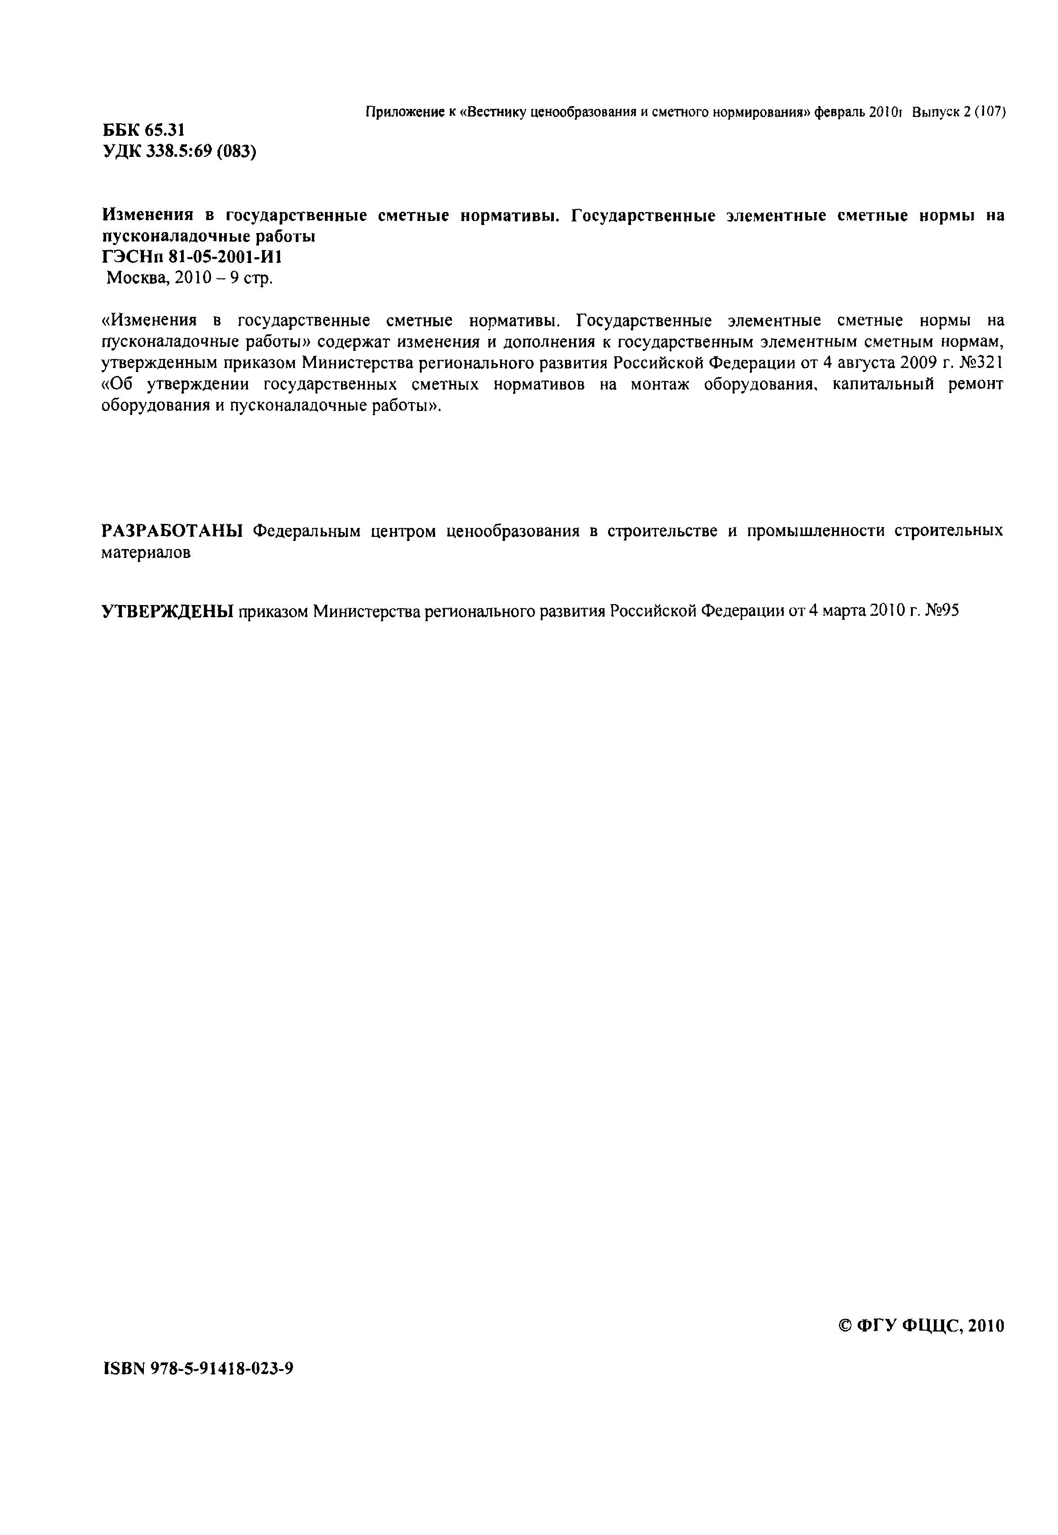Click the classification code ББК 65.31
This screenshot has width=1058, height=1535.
tap(143, 130)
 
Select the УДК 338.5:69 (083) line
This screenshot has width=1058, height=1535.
tap(179, 152)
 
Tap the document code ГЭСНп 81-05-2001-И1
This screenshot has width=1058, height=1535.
tap(192, 257)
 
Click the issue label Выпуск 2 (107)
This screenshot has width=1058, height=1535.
tap(959, 113)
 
